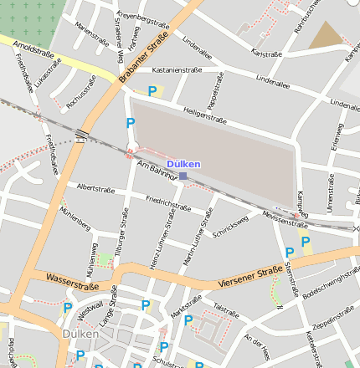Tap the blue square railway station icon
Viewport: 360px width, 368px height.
click(183, 176)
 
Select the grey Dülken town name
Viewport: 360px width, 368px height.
click(80, 334)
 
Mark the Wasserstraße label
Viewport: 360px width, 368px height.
click(73, 282)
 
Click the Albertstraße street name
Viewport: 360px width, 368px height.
click(95, 189)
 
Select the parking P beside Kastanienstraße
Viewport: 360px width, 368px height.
click(152, 91)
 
